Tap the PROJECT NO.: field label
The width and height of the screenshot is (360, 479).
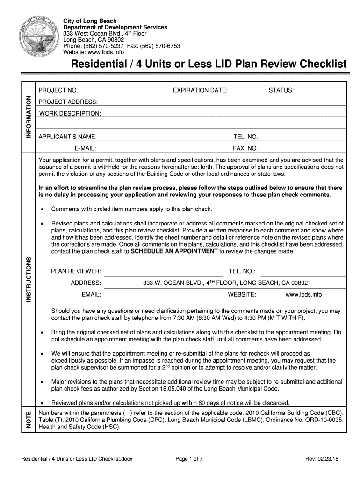click(59, 90)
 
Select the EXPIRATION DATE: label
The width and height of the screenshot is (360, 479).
click(200, 90)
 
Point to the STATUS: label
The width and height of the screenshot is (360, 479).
click(281, 90)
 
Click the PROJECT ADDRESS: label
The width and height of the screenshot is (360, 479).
click(68, 102)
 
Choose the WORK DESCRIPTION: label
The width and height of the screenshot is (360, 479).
click(70, 114)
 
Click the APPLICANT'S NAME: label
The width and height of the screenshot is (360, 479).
click(68, 137)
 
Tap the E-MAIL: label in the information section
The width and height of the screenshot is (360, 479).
click(85, 148)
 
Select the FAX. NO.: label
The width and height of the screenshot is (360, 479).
click(246, 148)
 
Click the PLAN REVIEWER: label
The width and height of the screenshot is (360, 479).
click(76, 271)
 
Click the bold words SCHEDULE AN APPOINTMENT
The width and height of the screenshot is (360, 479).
click(174, 251)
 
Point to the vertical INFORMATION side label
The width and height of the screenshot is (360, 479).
click(29, 117)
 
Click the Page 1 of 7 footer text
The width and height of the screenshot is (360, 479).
click(189, 459)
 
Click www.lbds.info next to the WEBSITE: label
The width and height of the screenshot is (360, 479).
click(303, 295)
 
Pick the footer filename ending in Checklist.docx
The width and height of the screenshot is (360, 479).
click(73, 459)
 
